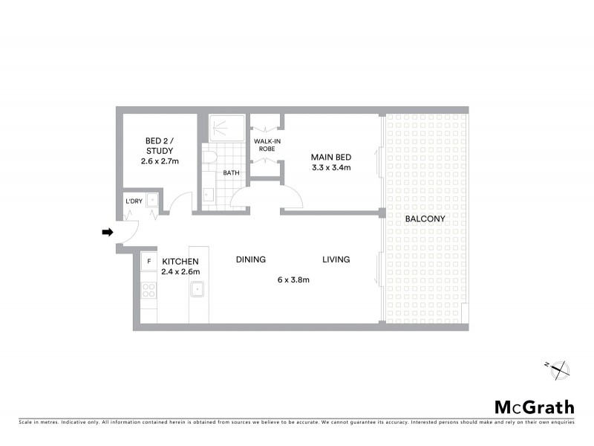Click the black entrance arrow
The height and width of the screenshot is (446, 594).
[x=107, y=233]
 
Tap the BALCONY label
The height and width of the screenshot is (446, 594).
[x=425, y=219]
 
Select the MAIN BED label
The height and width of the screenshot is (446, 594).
[x=330, y=157]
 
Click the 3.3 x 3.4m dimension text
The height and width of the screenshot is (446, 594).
[x=330, y=168]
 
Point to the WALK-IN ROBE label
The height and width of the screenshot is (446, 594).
[x=266, y=144]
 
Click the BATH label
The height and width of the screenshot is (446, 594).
[x=231, y=173]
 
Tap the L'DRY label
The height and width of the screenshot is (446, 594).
[x=134, y=201]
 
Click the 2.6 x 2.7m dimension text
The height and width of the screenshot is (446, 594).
[x=160, y=161]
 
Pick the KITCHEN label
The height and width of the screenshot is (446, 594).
[x=180, y=261]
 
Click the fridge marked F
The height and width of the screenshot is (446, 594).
[x=148, y=262]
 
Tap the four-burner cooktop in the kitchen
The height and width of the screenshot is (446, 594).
[x=148, y=291]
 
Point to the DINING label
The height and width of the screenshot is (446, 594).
[x=251, y=259]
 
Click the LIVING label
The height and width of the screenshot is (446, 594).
[x=336, y=259]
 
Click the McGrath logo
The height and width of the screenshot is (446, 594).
[x=534, y=407]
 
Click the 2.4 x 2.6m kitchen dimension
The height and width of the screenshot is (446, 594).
[x=180, y=272]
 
